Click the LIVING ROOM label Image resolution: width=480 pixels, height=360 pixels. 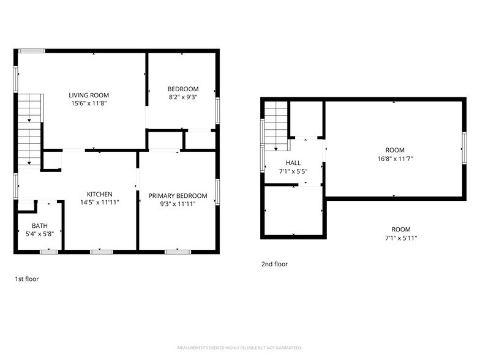click(89, 96)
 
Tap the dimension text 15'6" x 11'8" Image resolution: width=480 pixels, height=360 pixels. click(89, 103)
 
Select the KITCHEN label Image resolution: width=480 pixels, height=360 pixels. click(99, 194)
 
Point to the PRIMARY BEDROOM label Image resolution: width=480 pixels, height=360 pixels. click(178, 196)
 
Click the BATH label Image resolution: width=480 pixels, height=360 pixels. click(40, 226)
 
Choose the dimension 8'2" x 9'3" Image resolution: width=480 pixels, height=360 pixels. click(183, 97)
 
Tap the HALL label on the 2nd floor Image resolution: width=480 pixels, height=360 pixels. click(293, 163)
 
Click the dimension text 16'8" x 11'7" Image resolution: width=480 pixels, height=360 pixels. click(395, 159)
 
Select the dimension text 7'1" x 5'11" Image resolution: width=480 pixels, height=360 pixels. click(401, 238)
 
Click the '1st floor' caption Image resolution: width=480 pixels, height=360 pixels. click(27, 279)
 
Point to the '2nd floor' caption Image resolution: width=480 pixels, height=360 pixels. click(274, 264)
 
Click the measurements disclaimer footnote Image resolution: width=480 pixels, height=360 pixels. click(239, 348)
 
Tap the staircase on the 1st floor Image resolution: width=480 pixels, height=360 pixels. click(29, 131)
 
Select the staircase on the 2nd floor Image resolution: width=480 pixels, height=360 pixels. click(277, 126)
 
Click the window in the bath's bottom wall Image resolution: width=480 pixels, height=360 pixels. click(49, 252)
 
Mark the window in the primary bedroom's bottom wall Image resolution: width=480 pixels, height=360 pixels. click(178, 252)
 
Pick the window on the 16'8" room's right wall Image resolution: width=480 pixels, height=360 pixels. click(464, 148)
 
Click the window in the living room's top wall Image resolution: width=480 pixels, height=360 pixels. click(32, 51)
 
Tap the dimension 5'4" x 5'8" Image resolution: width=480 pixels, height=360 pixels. click(40, 234)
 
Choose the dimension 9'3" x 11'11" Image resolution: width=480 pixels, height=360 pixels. click(178, 204)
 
